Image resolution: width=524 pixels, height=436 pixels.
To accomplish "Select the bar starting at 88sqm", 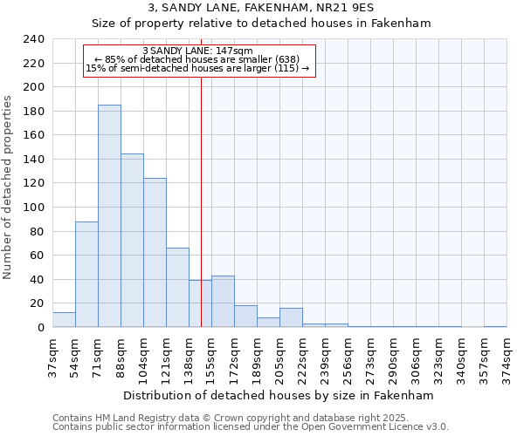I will (132, 241).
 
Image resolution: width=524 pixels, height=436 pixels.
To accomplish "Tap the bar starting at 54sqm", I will (86, 275).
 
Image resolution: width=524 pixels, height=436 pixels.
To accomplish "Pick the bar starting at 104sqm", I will (155, 253).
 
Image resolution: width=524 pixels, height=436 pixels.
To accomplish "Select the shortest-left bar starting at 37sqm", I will (64, 320).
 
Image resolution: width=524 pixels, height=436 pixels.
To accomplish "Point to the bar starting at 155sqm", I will (223, 302).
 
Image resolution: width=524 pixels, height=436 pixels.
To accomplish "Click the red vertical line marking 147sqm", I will (201, 174).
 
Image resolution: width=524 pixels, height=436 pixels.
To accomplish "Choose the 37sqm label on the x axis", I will (53, 356).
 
